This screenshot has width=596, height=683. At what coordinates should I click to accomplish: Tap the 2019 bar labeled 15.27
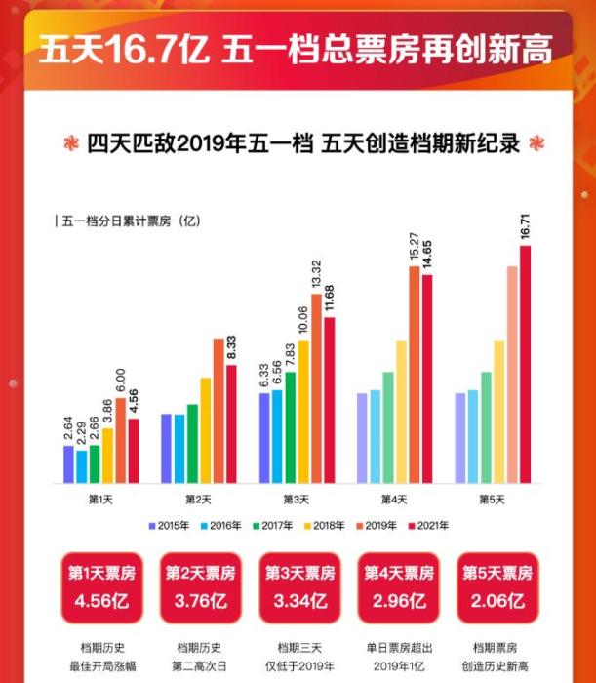tap(414, 375)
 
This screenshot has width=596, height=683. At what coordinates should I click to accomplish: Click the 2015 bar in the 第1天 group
tap(69, 464)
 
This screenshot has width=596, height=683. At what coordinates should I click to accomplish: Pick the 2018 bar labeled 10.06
tap(303, 411)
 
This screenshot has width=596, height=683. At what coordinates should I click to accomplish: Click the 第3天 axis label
tap(296, 500)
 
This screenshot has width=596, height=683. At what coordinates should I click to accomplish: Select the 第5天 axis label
tap(492, 500)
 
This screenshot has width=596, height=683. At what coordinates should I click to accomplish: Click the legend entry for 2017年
tap(272, 526)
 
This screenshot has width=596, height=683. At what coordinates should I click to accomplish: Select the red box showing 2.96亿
tap(398, 588)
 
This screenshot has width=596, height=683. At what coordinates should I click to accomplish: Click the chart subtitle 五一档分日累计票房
tap(127, 221)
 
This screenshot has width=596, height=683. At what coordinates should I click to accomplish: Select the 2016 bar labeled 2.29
tap(82, 466)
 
